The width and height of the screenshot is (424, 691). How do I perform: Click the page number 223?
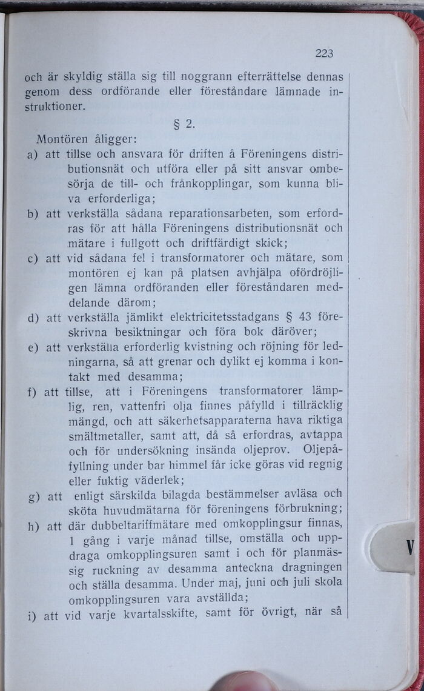tap(324, 53)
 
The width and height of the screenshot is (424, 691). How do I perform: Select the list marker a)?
tap(33, 155)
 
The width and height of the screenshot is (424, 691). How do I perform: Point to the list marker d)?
tap(33, 317)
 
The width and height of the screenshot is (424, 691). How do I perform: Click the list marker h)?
tap(33, 526)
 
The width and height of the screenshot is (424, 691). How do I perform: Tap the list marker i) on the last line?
tap(32, 616)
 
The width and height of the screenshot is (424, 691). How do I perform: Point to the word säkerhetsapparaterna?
tap(228, 420)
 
